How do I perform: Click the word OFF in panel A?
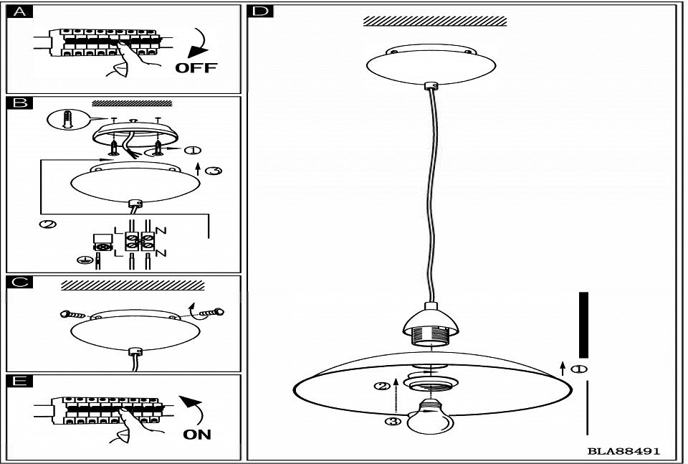pyautogui.click(x=196, y=67)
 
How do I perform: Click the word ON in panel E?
pyautogui.click(x=197, y=434)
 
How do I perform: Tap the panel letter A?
pyautogui.click(x=19, y=12)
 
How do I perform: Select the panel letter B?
pyautogui.click(x=20, y=103)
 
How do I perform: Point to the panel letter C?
pyautogui.click(x=20, y=282)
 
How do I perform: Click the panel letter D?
pyautogui.click(x=260, y=11)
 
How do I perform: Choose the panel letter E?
pyautogui.click(x=20, y=381)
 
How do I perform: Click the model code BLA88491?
pyautogui.click(x=623, y=451)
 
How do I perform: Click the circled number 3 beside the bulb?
pyautogui.click(x=393, y=422)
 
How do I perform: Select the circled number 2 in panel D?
pyautogui.click(x=382, y=387)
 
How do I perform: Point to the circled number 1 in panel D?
pyautogui.click(x=579, y=369)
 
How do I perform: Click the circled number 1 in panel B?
pyautogui.click(x=192, y=151)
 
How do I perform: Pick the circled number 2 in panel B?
pyautogui.click(x=48, y=224)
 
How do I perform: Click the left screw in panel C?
pyautogui.click(x=73, y=314)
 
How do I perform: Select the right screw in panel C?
pyautogui.click(x=212, y=313)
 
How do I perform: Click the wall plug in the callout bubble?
pyautogui.click(x=67, y=119)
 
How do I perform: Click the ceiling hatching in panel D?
pyautogui.click(x=435, y=21)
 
